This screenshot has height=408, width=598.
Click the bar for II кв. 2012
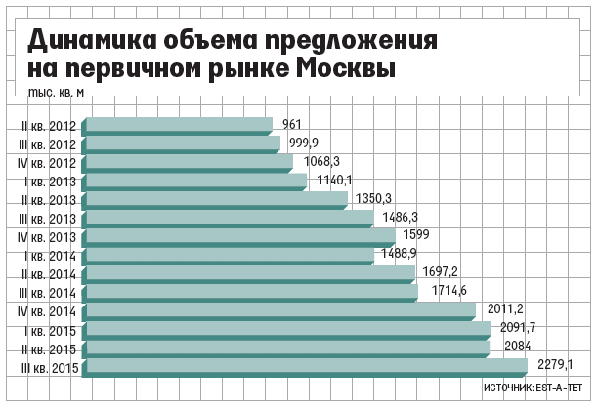[179, 124]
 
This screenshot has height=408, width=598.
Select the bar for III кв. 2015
[306, 366]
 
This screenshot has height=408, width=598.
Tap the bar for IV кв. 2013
[240, 236]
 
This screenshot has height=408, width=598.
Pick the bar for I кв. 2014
[230, 255]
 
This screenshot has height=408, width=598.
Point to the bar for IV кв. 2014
[280, 310]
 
